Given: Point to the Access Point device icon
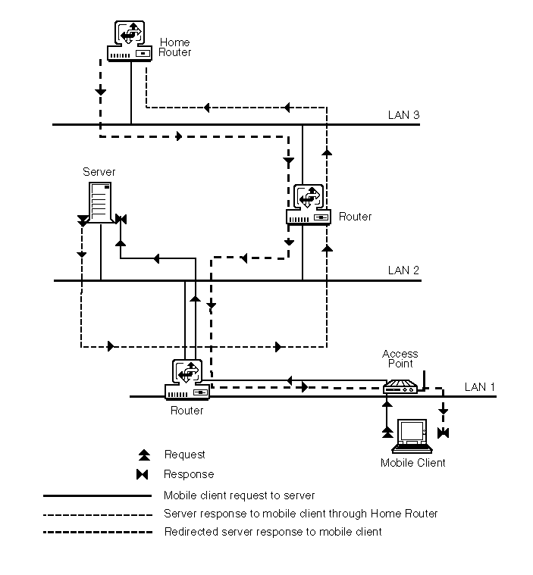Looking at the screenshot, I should (x=400, y=389).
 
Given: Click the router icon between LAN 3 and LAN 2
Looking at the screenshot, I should (x=309, y=205).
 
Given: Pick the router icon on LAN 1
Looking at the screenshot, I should (x=187, y=380).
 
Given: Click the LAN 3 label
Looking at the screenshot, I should (x=403, y=115).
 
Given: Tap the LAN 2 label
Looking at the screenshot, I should (x=403, y=270).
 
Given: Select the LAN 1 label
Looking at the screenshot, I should (x=480, y=387).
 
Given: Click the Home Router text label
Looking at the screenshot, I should (x=175, y=48).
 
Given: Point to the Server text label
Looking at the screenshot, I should (x=99, y=172).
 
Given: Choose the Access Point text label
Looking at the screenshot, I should (x=400, y=359).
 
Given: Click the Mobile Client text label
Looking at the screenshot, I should (x=413, y=463).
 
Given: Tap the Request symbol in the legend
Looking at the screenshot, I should (x=144, y=455).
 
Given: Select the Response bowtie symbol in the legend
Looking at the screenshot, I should (x=144, y=475).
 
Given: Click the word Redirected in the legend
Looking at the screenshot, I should (x=190, y=532).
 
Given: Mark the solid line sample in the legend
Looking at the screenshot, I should (x=98, y=496).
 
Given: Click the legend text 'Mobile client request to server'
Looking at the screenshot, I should (x=239, y=495).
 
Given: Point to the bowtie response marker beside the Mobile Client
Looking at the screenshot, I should (x=444, y=433).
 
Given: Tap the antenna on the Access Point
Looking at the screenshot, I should (x=424, y=379).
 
